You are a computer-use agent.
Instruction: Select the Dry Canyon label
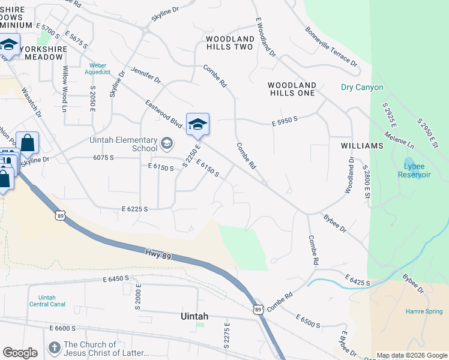pyautogui.click(x=361, y=88)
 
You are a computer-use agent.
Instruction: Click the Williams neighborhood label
pyautogui.click(x=361, y=146)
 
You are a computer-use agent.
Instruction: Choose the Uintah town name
pyautogui.click(x=195, y=316)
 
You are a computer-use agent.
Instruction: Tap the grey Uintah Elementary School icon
pyautogui.click(x=166, y=144)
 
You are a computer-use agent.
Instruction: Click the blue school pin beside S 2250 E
pyautogui.click(x=197, y=124)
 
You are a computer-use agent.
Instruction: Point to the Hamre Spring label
pyautogui.click(x=423, y=312)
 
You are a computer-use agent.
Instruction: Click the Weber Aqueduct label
pyautogui.click(x=99, y=68)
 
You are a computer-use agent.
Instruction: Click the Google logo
pyautogui.click(x=20, y=353)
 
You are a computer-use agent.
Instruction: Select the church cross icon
pyautogui.click(x=54, y=349)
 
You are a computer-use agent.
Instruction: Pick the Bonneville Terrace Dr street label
pyautogui.click(x=330, y=46)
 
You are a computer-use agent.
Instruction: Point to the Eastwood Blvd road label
pyautogui.click(x=163, y=113)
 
